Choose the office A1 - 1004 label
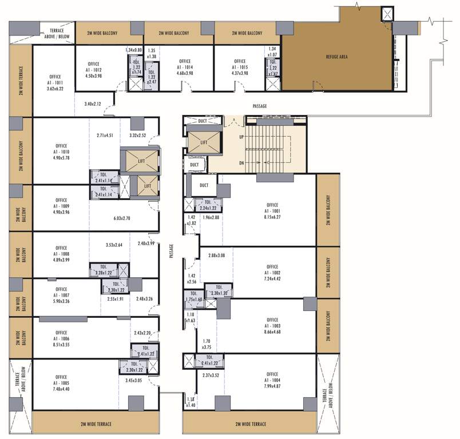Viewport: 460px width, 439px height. tap(272, 381)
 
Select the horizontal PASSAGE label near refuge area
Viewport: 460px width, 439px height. tap(260, 106)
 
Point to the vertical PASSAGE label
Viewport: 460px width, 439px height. tap(172, 252)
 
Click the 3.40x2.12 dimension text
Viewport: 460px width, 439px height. tap(92, 104)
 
